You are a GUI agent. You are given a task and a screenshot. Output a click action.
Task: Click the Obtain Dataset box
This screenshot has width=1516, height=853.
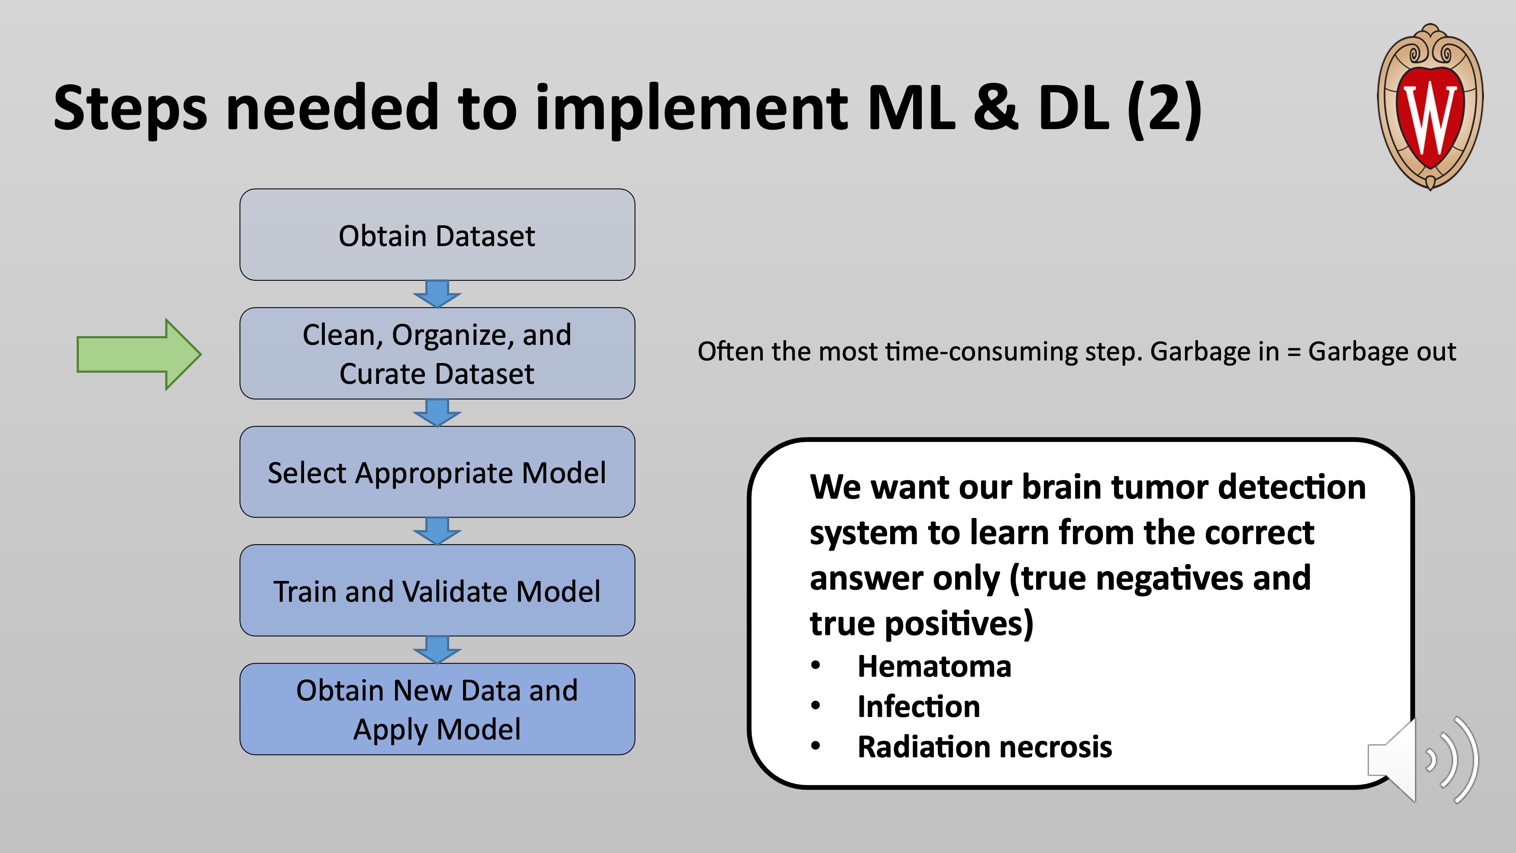pos(437,235)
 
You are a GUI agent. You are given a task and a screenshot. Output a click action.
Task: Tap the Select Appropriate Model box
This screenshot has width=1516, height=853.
pos(437,472)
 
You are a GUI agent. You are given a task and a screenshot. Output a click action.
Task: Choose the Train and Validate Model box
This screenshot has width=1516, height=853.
pos(437,590)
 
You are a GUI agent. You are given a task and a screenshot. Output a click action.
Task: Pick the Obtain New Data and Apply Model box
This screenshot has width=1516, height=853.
pos(437,709)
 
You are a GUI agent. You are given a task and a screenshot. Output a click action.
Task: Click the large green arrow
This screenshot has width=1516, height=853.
pos(139,354)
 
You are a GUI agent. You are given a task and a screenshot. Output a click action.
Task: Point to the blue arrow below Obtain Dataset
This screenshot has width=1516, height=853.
pos(437,294)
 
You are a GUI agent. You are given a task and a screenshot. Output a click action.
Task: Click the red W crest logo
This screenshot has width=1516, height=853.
pos(1430,107)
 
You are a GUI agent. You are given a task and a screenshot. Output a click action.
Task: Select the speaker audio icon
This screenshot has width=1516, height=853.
pos(1422,760)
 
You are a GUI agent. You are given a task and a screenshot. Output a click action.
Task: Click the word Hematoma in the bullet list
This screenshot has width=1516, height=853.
pos(934,666)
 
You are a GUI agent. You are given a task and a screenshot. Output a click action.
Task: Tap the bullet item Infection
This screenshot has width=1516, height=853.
pos(919,707)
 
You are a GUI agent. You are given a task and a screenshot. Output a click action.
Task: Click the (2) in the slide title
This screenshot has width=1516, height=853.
pos(1164,108)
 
